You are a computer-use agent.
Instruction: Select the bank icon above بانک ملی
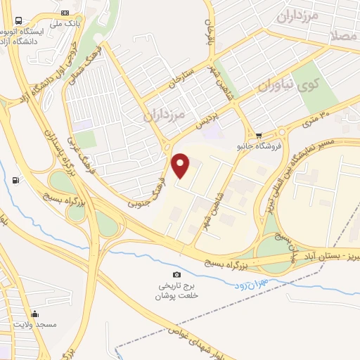65,13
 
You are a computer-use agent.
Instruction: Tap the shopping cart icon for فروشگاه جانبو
259,135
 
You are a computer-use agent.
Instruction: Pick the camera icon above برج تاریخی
176,274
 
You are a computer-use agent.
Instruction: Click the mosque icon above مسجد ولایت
34,314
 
